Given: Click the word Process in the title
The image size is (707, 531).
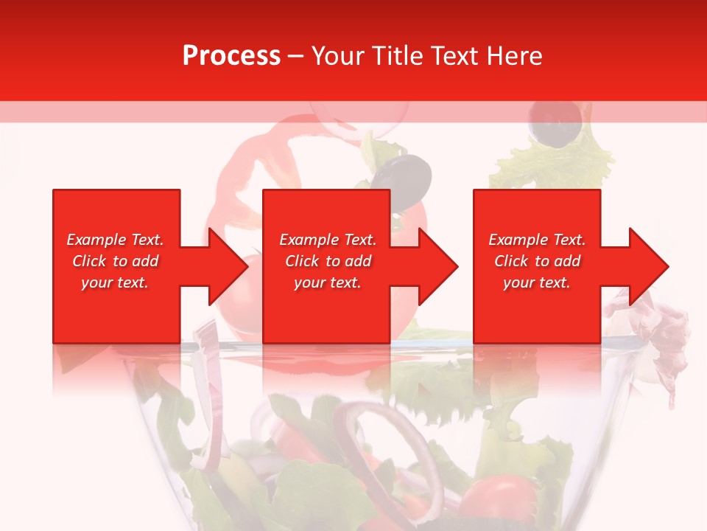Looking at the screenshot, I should pyautogui.click(x=231, y=56).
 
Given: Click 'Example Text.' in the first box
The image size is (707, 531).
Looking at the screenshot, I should pyautogui.click(x=115, y=240).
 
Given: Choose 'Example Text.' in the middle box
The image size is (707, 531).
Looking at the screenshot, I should pyautogui.click(x=328, y=240).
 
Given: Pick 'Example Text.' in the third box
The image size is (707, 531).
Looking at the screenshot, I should pyautogui.click(x=537, y=240).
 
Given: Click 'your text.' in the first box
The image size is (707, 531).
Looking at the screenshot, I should pyautogui.click(x=115, y=282).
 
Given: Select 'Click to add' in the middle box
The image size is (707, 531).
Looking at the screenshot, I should pyautogui.click(x=328, y=261).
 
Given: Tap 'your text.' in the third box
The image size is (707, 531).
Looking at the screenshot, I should pyautogui.click(x=537, y=282).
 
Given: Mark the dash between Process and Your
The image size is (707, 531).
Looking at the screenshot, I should pyautogui.click(x=295, y=57).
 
